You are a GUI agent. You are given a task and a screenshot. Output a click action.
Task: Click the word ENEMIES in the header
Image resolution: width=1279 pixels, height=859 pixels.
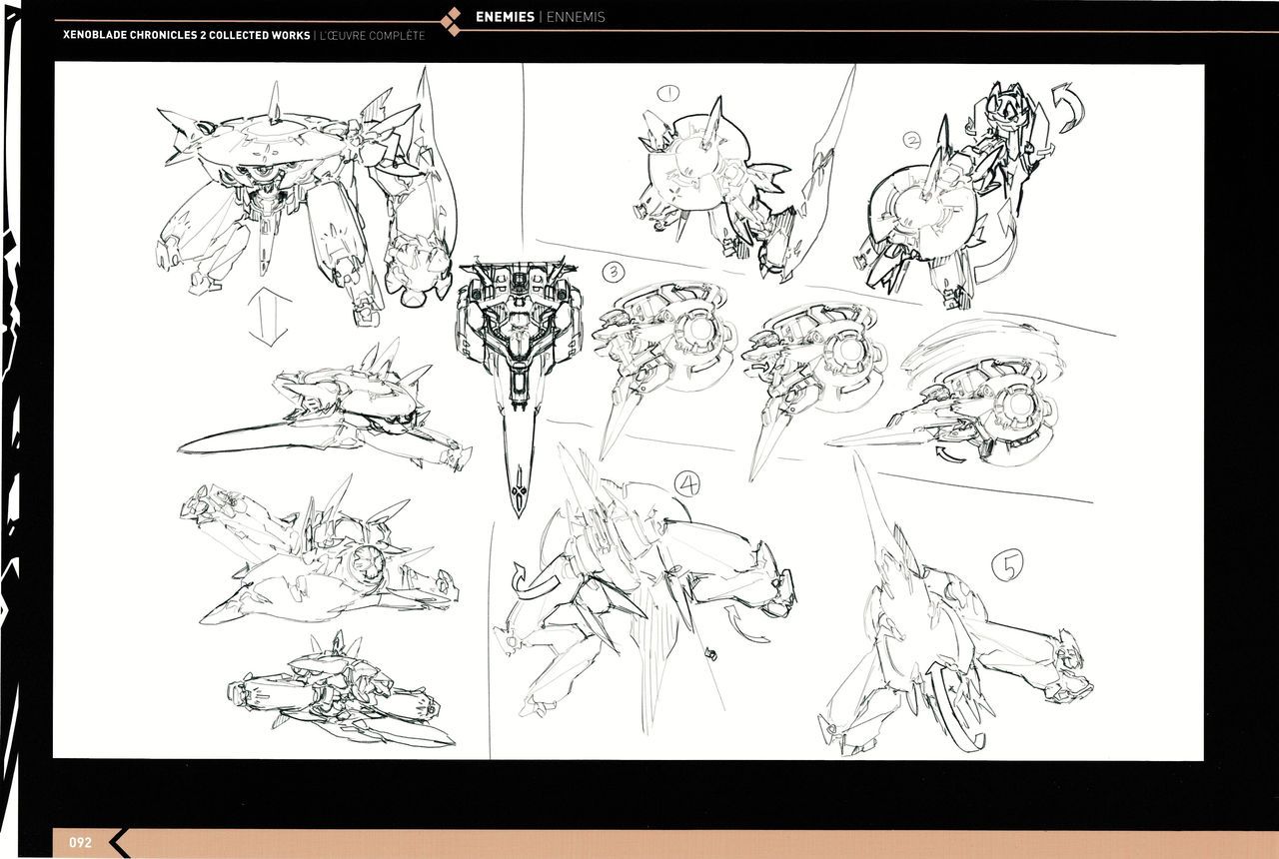tap(505, 17)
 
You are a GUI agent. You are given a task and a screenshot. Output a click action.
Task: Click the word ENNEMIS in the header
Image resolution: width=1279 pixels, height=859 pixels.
tap(576, 17)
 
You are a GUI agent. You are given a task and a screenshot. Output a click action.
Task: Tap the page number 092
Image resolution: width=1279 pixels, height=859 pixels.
tap(80, 842)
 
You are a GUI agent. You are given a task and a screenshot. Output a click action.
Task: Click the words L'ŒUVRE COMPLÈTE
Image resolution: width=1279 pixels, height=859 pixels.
tap(373, 35)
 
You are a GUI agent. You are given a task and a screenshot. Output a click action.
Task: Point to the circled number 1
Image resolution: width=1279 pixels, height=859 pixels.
tap(667, 93)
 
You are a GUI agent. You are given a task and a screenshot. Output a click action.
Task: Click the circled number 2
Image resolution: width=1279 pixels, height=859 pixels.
tap(912, 140)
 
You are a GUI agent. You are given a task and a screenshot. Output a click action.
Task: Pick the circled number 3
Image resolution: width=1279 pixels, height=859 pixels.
tap(614, 271)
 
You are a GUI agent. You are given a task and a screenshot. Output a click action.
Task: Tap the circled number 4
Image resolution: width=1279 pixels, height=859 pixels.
tap(687, 484)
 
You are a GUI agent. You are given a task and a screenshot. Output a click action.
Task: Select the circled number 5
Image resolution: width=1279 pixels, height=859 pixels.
tap(1007, 565)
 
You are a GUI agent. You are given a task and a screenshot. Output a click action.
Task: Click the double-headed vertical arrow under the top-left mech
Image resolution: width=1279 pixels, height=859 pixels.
tap(269, 317)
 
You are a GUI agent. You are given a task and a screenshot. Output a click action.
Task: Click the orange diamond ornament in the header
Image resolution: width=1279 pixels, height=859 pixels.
tap(454, 21)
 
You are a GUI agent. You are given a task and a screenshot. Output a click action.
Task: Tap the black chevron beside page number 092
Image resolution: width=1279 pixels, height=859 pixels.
tap(119, 842)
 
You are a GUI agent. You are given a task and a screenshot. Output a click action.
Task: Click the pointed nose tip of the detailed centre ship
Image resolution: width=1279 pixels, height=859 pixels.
tap(519, 516)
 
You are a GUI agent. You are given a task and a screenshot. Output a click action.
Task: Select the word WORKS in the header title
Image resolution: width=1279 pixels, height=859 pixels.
tap(290, 35)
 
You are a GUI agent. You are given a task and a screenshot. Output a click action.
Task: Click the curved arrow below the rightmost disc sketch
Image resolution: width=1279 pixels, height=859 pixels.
tap(949, 454)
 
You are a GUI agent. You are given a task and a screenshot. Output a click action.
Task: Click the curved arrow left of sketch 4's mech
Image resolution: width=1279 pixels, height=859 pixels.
tap(537, 580)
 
